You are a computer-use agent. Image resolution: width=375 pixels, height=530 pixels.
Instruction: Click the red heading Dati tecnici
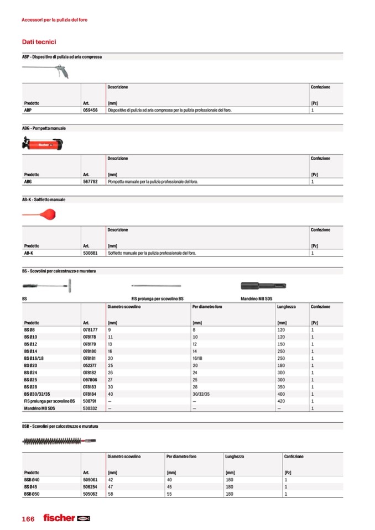pyautogui.click(x=39, y=42)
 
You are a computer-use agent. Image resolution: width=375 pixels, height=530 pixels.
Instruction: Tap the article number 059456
pyautogui.click(x=90, y=111)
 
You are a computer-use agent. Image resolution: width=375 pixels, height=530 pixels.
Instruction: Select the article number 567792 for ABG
pyautogui.click(x=90, y=181)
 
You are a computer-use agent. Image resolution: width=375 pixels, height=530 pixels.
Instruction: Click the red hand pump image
pyautogui.click(x=42, y=143)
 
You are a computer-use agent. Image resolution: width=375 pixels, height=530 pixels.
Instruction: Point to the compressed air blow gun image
pyautogui.click(x=45, y=70)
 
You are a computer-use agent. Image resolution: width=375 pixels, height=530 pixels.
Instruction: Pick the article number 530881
pyautogui.click(x=90, y=253)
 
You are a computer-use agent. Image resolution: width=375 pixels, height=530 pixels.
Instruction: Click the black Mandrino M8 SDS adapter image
pyautogui.click(x=264, y=286)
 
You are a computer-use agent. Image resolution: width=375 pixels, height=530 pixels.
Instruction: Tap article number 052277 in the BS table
pyautogui.click(x=90, y=365)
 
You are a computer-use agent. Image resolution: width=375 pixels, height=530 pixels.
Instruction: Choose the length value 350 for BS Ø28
pyautogui.click(x=282, y=387)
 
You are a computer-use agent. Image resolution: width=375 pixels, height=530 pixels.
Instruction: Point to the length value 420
pyautogui.click(x=282, y=401)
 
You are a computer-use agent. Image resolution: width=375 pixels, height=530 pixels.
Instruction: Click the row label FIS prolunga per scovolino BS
pyautogui.click(x=49, y=401)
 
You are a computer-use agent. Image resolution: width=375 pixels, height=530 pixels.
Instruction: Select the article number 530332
pyautogui.click(x=90, y=408)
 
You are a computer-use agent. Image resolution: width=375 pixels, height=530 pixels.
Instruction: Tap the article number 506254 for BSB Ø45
pyautogui.click(x=90, y=487)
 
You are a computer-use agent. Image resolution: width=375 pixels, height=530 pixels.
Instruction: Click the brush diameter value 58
pyautogui.click(x=111, y=494)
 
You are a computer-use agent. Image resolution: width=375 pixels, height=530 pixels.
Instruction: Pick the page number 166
pyautogui.click(x=28, y=519)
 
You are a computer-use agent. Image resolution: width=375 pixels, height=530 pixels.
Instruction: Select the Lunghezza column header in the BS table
pyautogui.click(x=287, y=307)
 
